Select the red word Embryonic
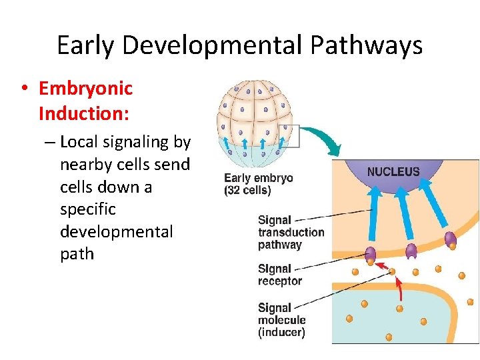(86, 88)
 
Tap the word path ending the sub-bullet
(77, 254)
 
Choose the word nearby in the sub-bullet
(83, 164)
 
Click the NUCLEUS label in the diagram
(393, 171)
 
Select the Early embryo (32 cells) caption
(258, 184)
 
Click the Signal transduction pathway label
(291, 232)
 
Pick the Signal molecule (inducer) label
(281, 319)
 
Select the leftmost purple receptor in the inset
(370, 254)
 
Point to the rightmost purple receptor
(450, 239)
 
